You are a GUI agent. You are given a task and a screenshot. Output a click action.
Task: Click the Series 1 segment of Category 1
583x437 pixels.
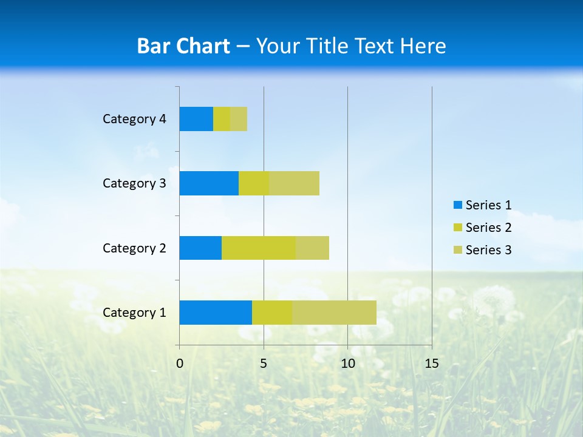[216, 312]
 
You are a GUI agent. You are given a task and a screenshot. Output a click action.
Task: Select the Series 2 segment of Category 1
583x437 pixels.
[272, 312]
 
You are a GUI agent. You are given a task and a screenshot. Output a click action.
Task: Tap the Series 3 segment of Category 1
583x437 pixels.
[334, 312]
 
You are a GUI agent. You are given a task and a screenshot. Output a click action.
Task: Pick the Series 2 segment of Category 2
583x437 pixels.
[259, 248]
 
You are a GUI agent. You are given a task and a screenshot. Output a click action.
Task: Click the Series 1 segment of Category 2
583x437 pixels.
[200, 248]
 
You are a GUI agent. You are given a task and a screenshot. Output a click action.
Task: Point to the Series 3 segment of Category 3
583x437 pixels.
[294, 183]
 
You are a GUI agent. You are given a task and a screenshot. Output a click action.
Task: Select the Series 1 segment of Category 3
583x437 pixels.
[209, 183]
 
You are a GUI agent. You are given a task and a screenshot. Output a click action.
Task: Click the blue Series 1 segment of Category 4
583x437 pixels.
[196, 119]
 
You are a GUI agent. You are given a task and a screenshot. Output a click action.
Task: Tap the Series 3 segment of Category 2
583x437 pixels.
[312, 248]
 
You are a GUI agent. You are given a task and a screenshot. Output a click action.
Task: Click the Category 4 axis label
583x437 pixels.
[134, 119]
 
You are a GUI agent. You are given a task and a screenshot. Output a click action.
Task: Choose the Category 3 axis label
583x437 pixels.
[134, 183]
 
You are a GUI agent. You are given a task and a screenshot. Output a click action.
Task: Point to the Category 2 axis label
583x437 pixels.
[134, 248]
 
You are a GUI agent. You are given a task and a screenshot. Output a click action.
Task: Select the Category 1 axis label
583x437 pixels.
[134, 313]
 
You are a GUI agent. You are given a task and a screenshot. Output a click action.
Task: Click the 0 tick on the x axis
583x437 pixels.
[180, 364]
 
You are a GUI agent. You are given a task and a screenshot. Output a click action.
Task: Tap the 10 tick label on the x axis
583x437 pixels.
[347, 364]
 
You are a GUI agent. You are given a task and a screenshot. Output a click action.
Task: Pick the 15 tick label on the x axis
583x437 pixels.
[432, 364]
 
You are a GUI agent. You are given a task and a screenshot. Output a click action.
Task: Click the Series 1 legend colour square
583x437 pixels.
[457, 205]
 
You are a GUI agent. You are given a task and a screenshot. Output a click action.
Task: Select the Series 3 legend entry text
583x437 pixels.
[488, 250]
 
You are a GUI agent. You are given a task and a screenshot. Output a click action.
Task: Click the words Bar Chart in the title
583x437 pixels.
[183, 46]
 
